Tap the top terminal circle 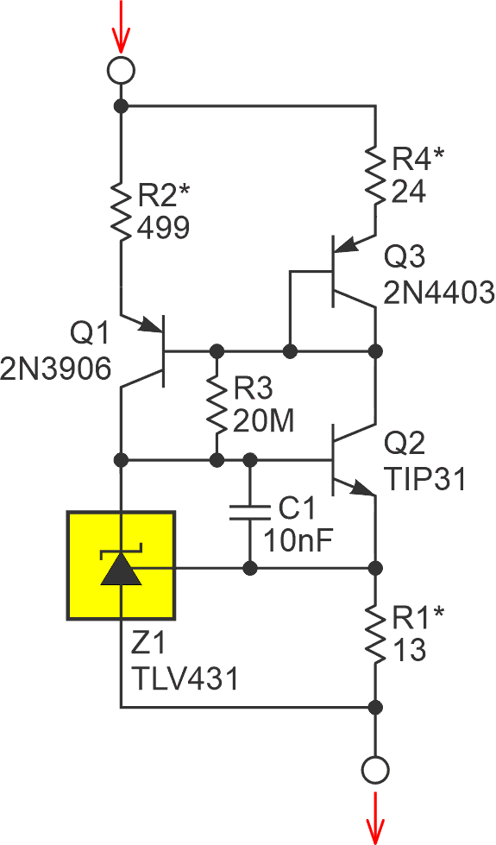point(121,70)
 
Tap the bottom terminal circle point(375,767)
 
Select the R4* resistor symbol point(375,176)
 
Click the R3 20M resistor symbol point(217,404)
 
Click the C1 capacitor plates point(250,514)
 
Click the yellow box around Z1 point(122,565)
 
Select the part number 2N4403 point(440,293)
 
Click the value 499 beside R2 point(163,226)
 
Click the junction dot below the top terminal point(121,106)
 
